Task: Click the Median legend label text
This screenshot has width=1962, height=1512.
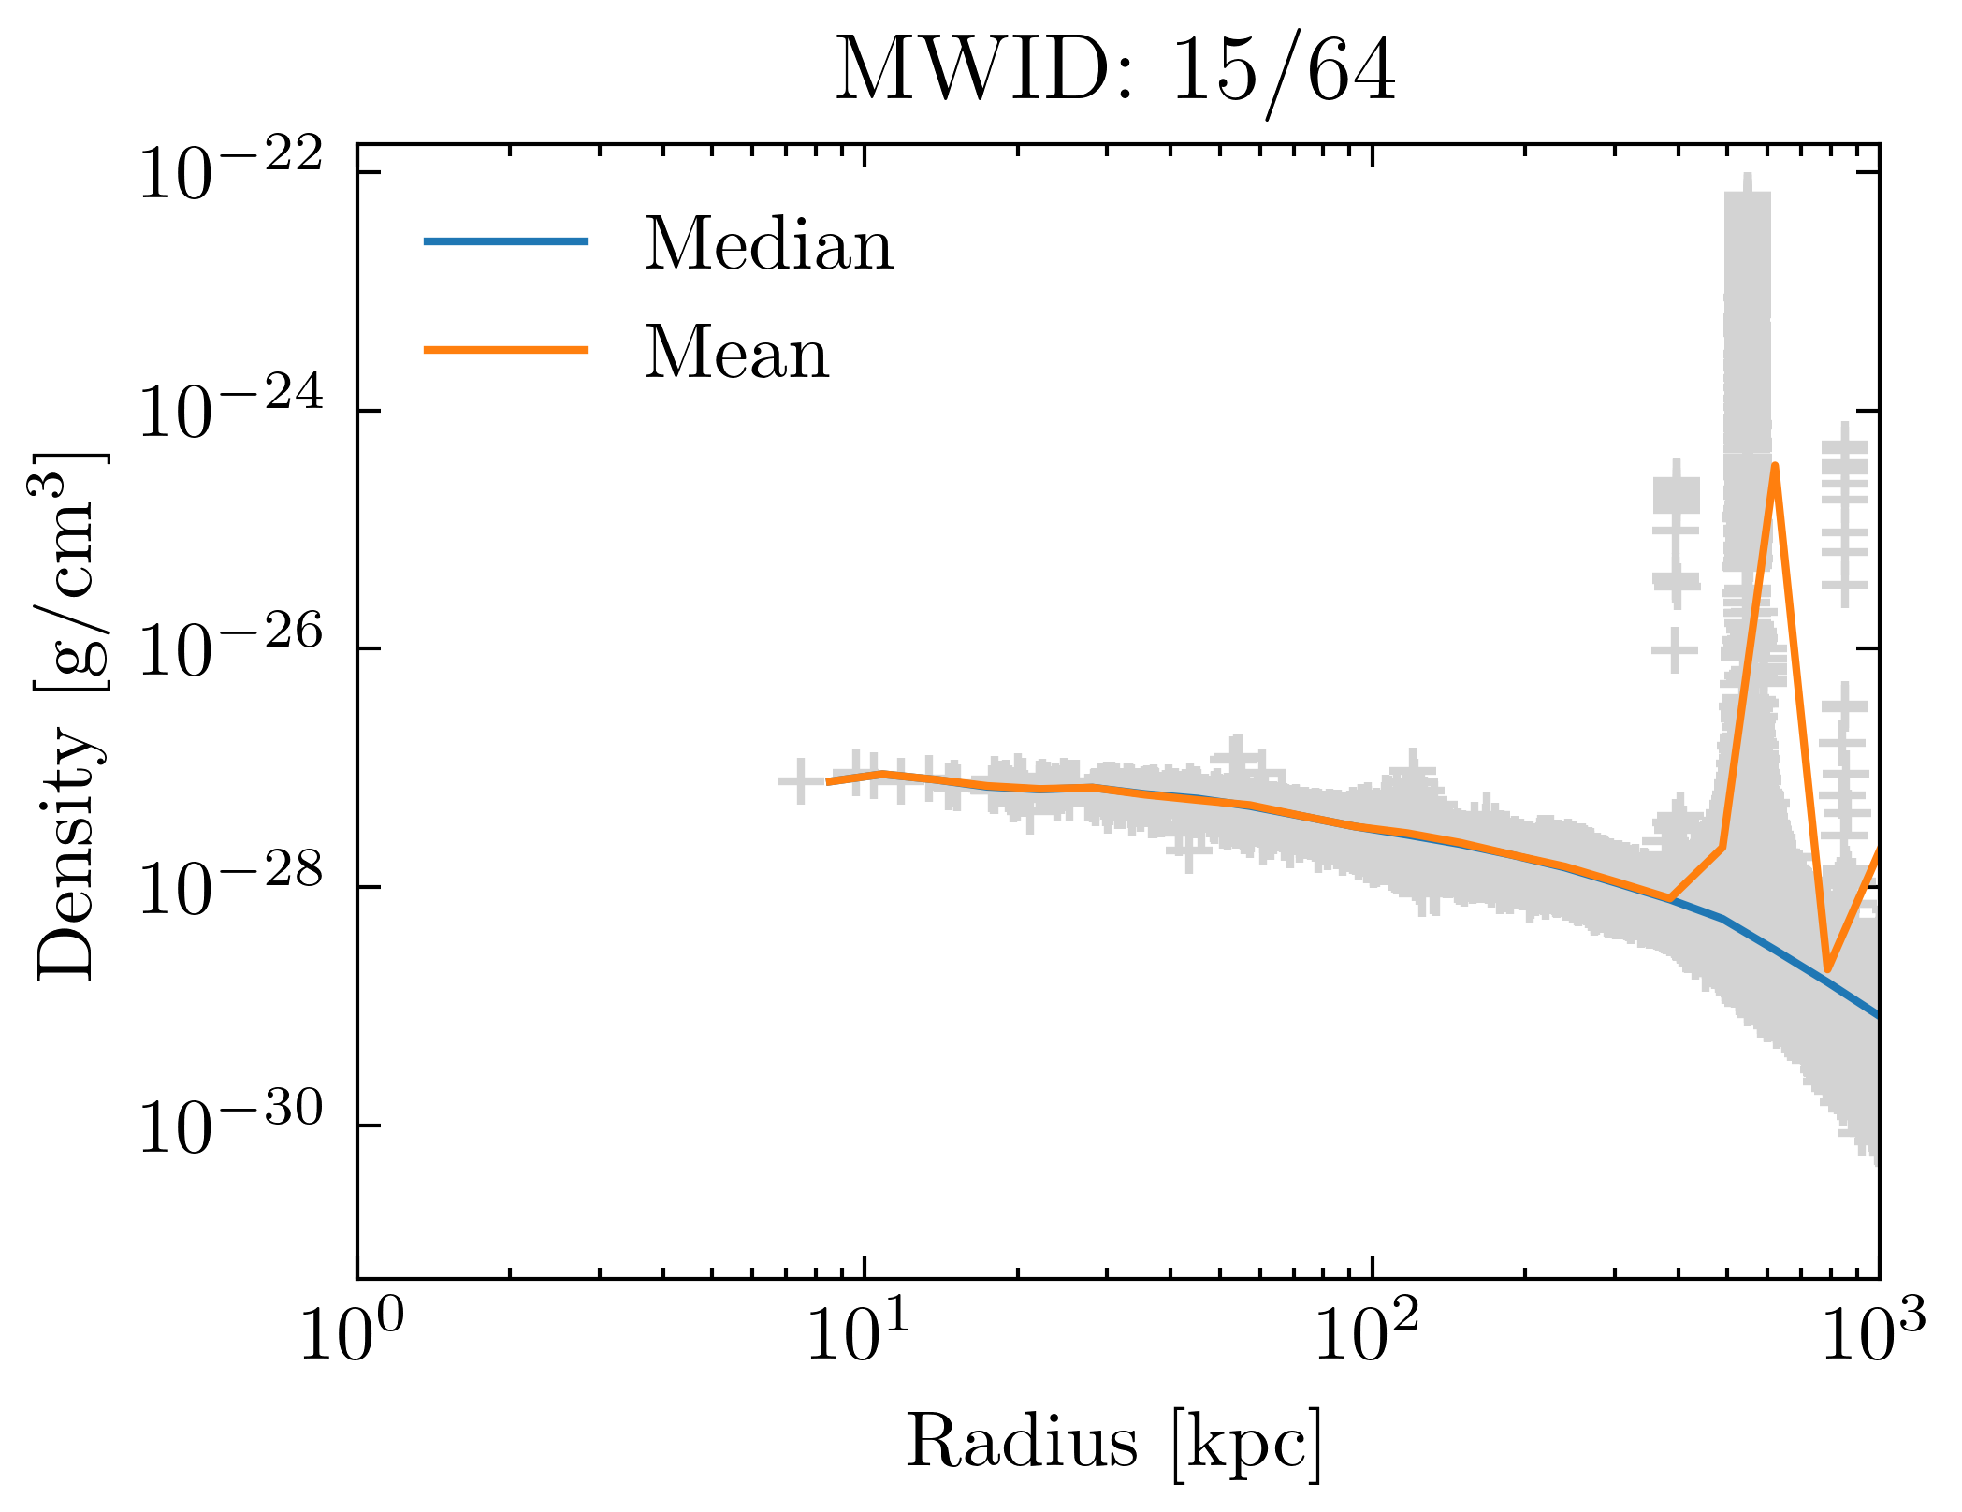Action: click(769, 244)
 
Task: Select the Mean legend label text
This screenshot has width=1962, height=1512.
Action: click(736, 353)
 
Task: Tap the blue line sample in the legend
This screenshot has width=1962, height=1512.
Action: click(505, 241)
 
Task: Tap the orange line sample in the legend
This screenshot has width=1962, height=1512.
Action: click(505, 350)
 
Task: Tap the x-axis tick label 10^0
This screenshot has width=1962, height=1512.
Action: click(352, 1338)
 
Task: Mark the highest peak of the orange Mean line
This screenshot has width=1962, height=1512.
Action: click(1774, 466)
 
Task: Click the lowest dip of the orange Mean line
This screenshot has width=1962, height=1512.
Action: click(1826, 970)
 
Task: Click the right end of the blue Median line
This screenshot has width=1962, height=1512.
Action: click(1876, 1014)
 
